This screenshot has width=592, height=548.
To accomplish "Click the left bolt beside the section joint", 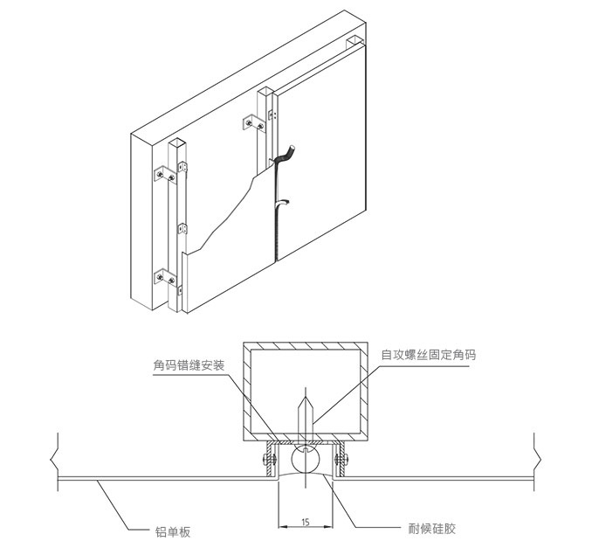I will (x=267, y=457).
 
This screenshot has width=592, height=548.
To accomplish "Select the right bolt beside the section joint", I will (x=342, y=457).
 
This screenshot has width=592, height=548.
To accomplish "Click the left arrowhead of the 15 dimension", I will (x=281, y=525).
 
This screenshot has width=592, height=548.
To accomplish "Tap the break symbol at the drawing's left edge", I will (x=55, y=455).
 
